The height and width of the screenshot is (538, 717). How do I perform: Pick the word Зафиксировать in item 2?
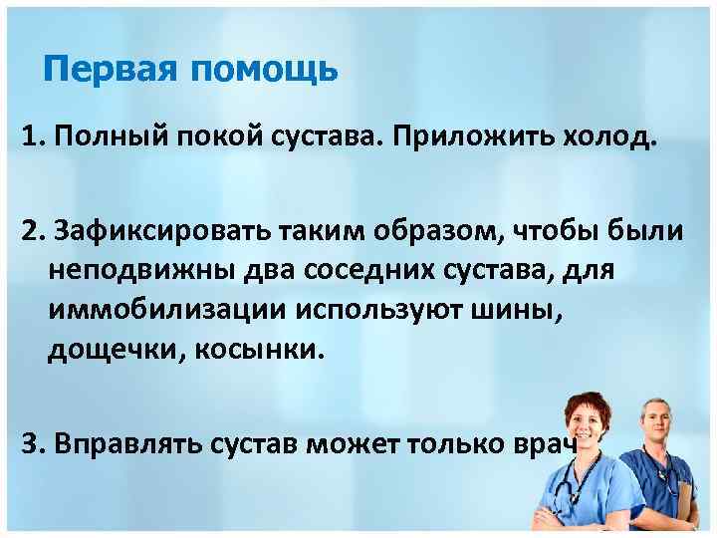[x=144, y=231]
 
